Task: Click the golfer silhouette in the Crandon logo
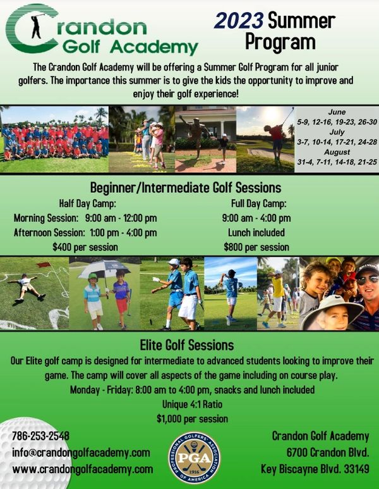tap(36, 26)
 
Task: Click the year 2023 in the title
tap(239, 21)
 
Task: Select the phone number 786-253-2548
tap(40, 436)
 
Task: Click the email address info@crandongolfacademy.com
tap(81, 452)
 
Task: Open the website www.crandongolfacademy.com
tap(83, 469)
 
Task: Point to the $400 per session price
tap(85, 247)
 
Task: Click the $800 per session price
tap(256, 247)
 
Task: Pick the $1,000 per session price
tap(192, 419)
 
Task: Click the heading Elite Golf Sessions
tap(187, 345)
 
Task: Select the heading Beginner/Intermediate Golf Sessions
tap(186, 188)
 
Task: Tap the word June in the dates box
tap(337, 112)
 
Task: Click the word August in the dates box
tap(337, 152)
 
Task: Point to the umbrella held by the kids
tap(104, 269)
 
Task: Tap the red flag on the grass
tap(43, 265)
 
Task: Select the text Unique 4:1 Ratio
tap(192, 404)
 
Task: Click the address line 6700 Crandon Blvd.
tap(328, 452)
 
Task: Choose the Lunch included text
tap(256, 233)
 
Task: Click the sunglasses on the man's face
tap(367, 280)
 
